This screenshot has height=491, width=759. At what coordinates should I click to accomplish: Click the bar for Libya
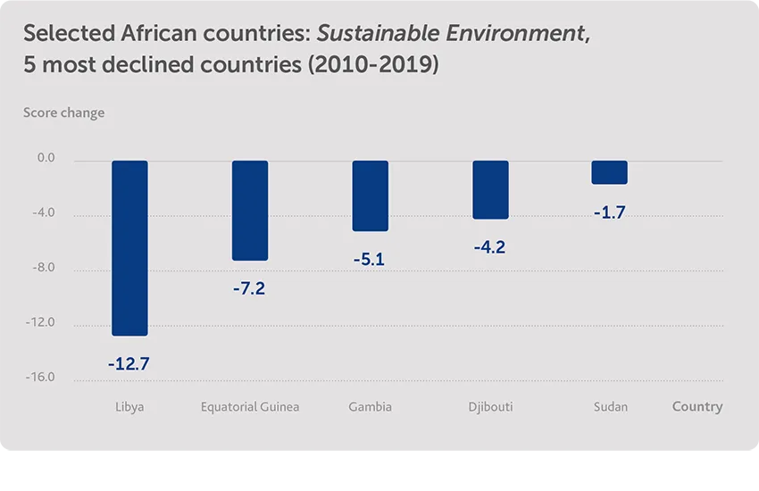click(129, 248)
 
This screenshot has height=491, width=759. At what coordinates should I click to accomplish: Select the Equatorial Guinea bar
click(250, 211)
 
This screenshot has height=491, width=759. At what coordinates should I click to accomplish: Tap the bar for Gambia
click(370, 196)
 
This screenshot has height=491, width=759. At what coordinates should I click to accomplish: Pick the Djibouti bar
click(490, 189)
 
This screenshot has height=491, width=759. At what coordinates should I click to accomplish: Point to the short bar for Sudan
click(610, 172)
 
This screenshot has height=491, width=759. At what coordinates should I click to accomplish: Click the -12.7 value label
click(129, 364)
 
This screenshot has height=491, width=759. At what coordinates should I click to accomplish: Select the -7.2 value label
click(249, 289)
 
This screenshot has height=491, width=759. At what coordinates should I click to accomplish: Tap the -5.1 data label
click(370, 261)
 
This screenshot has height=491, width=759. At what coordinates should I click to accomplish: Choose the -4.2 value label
click(490, 247)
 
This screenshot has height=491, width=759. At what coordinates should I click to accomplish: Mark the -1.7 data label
click(610, 213)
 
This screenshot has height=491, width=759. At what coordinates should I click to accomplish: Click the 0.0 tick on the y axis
click(46, 159)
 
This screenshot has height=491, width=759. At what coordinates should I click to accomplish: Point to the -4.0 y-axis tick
click(45, 213)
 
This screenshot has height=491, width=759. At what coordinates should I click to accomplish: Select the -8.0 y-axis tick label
click(45, 268)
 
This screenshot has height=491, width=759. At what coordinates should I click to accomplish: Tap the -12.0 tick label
click(41, 322)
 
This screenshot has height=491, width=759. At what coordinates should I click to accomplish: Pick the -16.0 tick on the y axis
click(41, 377)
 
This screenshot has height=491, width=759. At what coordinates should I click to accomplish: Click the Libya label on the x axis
click(129, 407)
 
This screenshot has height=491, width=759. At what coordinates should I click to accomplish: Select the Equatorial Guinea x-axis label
click(250, 407)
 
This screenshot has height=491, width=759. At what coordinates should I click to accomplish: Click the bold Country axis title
click(696, 406)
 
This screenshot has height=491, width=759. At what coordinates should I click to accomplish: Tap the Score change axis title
click(63, 112)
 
